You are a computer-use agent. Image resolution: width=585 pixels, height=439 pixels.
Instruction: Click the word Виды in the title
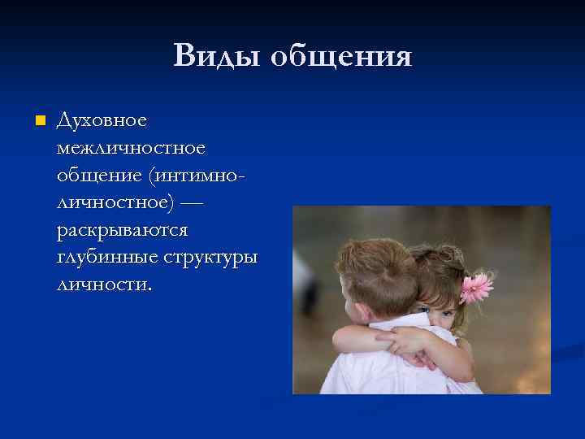tap(215, 56)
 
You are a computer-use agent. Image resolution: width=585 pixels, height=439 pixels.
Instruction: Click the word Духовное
tap(102, 121)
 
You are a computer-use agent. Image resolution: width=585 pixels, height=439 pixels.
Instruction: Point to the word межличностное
tap(131, 149)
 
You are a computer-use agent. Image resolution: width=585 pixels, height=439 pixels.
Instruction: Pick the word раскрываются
tap(122, 230)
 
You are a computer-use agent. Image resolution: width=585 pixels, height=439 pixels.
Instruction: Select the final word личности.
tap(104, 285)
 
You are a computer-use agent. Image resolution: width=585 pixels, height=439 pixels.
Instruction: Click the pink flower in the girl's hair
tap(476, 286)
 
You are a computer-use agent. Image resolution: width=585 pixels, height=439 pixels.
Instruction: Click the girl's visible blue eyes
tap(444, 311)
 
